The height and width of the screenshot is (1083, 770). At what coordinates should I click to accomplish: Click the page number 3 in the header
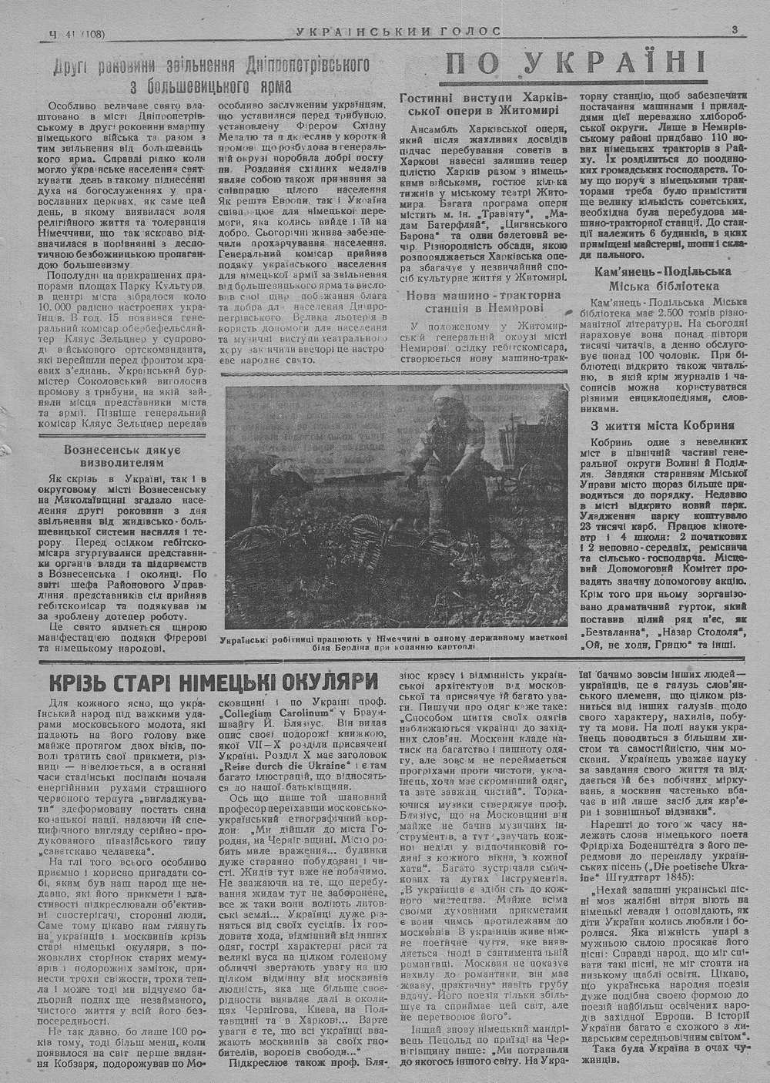tap(735, 31)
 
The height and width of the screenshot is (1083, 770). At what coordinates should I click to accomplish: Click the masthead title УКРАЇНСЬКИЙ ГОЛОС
tap(398, 32)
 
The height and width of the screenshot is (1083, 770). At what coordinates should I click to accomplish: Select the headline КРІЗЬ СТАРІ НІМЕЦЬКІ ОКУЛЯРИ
tap(214, 682)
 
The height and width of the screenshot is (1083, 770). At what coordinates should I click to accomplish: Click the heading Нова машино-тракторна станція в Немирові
tap(485, 300)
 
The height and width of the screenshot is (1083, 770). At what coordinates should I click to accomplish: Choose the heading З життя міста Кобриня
tap(662, 424)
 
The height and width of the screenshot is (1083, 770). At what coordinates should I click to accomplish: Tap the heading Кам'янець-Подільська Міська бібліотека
tap(662, 279)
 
